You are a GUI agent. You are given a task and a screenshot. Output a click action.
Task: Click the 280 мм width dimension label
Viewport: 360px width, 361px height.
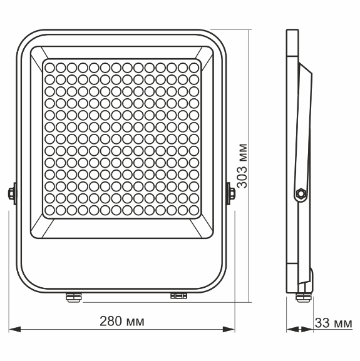pyautogui.click(x=122, y=322)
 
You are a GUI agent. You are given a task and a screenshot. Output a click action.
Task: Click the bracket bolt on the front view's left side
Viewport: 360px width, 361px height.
pyautogui.click(x=11, y=193)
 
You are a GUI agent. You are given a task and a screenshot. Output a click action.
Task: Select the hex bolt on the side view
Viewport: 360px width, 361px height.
pyautogui.click(x=301, y=194)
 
